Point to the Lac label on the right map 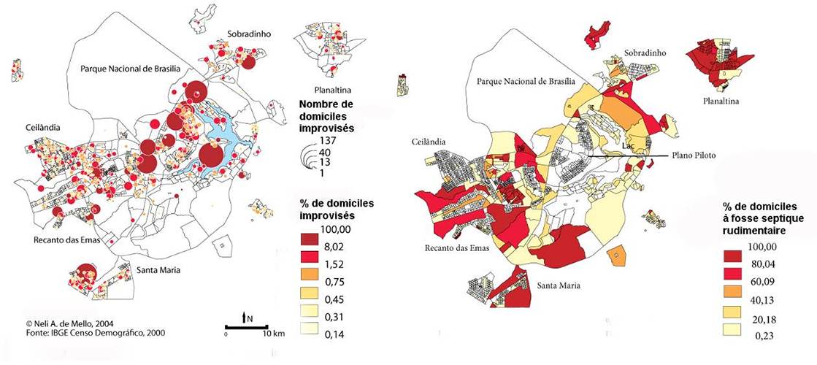point(627,145)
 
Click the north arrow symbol point(246,318)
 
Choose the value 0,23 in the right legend point(756,336)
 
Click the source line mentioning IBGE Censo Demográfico point(85,333)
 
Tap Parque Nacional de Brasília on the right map point(526,82)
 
